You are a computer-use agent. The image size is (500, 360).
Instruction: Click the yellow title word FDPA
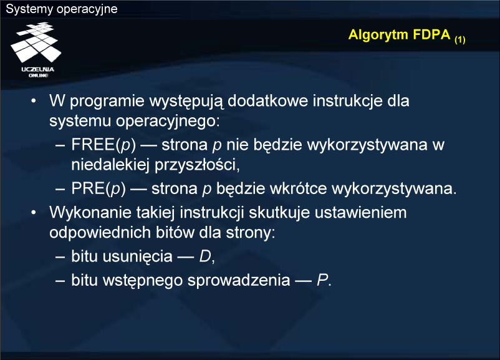431,34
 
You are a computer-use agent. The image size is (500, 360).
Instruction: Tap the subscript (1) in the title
460,39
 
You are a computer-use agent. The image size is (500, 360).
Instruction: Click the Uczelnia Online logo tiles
36,42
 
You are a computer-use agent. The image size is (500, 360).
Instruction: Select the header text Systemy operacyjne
62,9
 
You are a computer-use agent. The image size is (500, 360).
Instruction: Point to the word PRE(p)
99,188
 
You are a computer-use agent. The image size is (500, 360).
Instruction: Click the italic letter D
205,256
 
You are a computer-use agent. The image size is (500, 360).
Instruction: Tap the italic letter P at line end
322,281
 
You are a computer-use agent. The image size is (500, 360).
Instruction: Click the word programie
107,102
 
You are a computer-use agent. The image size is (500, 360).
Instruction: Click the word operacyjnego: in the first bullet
168,122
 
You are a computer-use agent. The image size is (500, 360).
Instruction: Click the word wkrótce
299,188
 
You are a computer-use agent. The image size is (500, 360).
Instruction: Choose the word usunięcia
138,257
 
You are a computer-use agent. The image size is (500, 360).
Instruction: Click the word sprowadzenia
239,281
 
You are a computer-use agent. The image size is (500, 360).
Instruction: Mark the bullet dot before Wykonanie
34,213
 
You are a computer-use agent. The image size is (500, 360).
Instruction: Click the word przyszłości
197,165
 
